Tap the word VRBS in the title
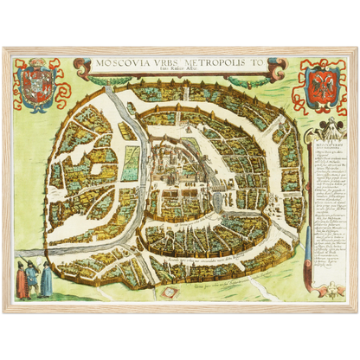tap(164, 64)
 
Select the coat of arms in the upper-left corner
tap(36, 87)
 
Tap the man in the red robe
tap(22, 279)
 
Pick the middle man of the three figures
tap(33, 278)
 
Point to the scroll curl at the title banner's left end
tap(80, 64)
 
